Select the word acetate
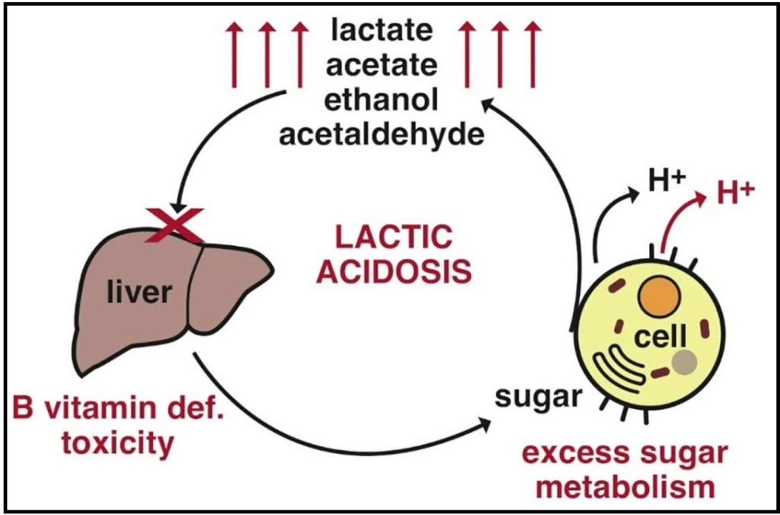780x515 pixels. (x=382, y=66)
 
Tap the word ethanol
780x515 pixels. (x=382, y=100)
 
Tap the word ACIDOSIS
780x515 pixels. (x=394, y=272)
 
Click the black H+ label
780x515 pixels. (x=663, y=184)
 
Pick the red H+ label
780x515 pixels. (x=737, y=193)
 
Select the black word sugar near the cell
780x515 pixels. (x=539, y=398)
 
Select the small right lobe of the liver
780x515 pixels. (x=226, y=286)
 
